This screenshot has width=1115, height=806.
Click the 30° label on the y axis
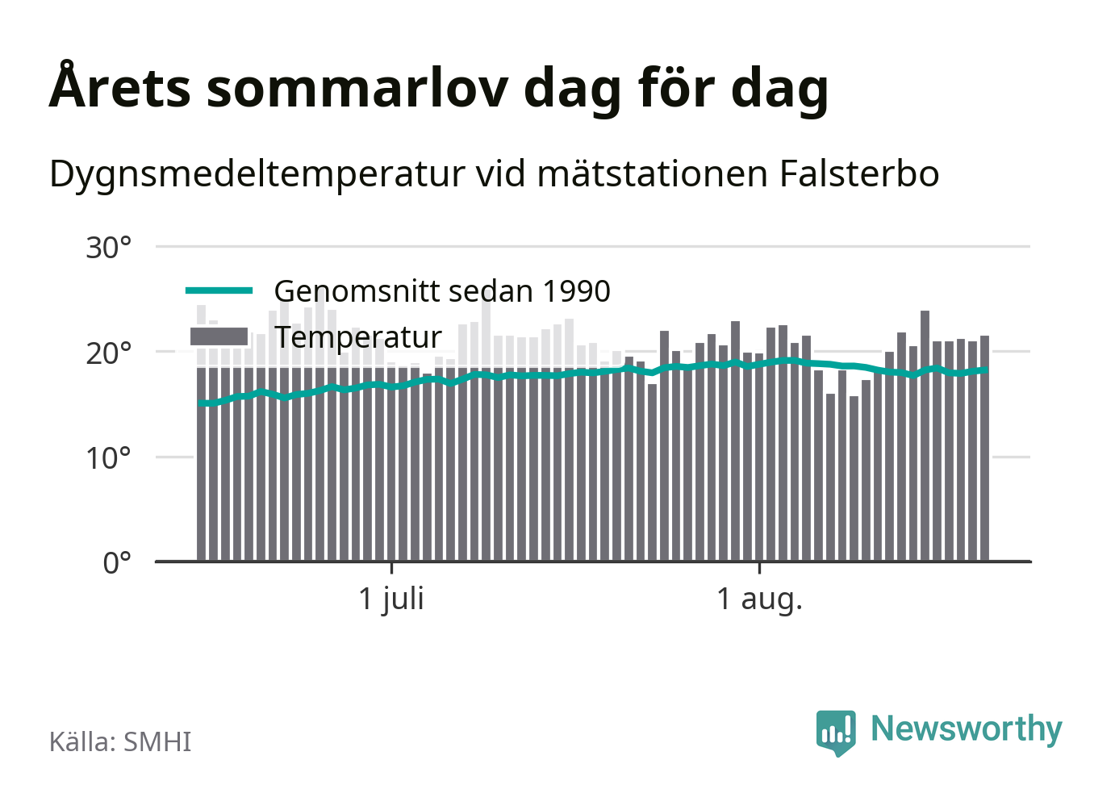click(108, 248)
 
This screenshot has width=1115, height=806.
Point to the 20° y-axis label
click(108, 353)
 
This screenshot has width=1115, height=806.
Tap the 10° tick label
click(108, 458)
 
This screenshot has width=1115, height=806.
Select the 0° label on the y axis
click(117, 563)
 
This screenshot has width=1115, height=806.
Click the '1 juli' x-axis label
click(391, 599)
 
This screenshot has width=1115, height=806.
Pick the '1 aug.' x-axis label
click(759, 599)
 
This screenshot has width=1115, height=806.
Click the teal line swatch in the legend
click(219, 290)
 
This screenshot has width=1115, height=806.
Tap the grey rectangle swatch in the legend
click(219, 336)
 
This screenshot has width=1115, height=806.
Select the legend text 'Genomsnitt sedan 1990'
click(442, 291)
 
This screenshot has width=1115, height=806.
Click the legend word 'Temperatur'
click(358, 337)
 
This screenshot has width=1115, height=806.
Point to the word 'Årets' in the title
click(119, 86)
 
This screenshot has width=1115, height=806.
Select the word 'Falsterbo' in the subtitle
click(859, 174)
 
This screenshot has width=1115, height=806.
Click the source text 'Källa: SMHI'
click(120, 741)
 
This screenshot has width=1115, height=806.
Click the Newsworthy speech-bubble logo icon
click(836, 733)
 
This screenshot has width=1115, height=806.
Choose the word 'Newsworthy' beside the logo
click(967, 730)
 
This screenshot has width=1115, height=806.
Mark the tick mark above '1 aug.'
click(759, 568)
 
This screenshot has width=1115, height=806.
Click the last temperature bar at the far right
click(984, 449)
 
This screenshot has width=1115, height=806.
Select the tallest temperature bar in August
click(925, 436)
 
